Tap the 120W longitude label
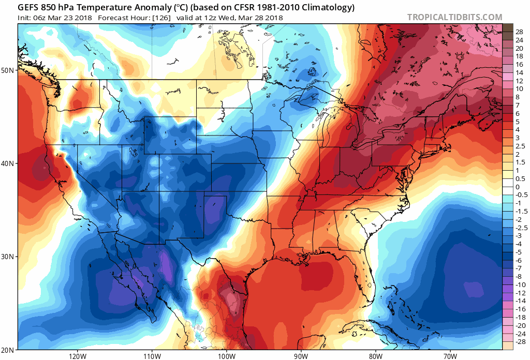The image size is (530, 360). (77, 356)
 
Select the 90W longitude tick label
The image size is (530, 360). (301, 356)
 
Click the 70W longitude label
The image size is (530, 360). (450, 356)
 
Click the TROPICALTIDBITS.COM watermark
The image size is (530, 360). (454, 17)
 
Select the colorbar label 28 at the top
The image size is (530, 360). (519, 32)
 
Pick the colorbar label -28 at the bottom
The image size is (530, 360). (520, 342)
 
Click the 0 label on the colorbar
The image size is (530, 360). (517, 187)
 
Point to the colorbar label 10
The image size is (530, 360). (519, 89)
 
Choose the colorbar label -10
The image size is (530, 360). (520, 284)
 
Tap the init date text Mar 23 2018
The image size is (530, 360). (70, 17)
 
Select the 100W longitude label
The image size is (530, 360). (226, 356)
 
